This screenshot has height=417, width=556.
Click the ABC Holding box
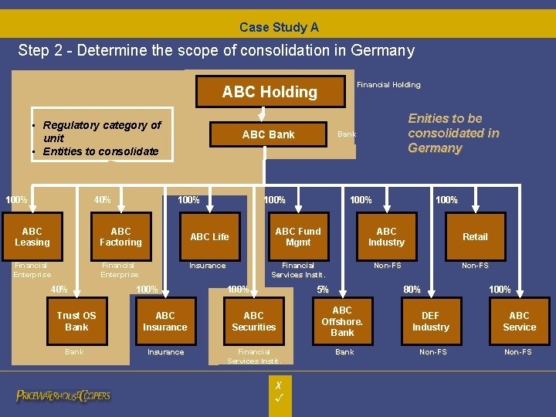pos(270,92)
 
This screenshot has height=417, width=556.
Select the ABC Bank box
pos(268,134)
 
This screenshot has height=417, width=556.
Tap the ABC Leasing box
pos(32,237)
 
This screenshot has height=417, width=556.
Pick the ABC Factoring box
pos(120,237)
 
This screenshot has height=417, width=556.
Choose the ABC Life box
pos(209,237)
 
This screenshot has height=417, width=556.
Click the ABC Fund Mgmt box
pos(297,237)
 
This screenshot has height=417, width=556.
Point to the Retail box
pos(475,237)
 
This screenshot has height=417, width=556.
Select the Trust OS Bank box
pos(76,321)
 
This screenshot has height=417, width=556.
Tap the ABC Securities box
pos(253,321)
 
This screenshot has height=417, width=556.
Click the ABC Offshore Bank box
pos(342,321)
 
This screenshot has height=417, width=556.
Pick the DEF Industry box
pos(430,321)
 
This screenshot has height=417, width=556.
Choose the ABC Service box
pos(519,321)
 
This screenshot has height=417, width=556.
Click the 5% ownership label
pos(323,290)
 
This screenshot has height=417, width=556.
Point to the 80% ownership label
pos(412,290)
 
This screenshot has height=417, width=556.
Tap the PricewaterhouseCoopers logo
pos(63,396)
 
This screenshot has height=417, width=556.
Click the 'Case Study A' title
pos(279,27)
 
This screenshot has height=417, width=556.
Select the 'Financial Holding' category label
pos(388,85)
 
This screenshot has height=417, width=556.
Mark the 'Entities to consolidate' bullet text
pos(100,151)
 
